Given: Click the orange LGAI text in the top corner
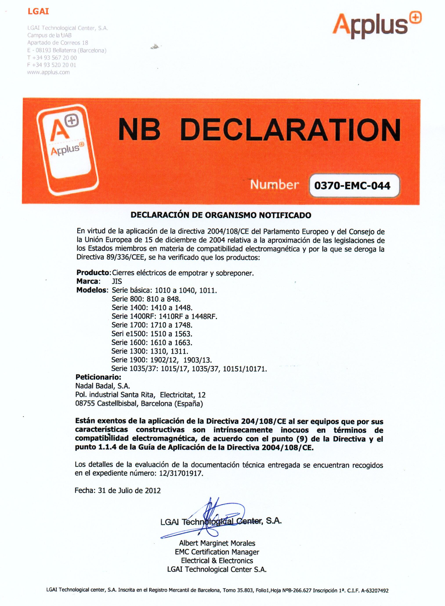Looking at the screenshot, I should [x=38, y=12].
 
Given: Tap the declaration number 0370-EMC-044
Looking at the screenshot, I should [x=352, y=186].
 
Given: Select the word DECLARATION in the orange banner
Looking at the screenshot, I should [x=290, y=131].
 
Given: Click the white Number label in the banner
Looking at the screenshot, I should [x=274, y=185].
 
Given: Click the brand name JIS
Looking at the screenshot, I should [x=117, y=281].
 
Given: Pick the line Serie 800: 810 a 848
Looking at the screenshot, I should [x=146, y=299].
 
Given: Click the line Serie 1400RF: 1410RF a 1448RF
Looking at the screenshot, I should [x=164, y=316].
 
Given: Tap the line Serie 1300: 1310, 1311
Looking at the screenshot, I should [x=150, y=351].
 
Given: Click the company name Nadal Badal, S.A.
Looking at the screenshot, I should [x=103, y=386].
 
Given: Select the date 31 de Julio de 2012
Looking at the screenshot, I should [x=129, y=490].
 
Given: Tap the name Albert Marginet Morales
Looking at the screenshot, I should [x=217, y=543].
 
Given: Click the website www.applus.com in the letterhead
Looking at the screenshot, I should [x=49, y=72].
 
